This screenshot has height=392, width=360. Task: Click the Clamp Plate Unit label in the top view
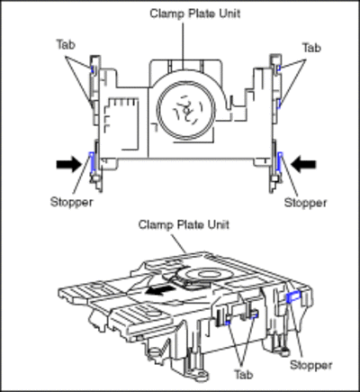point(195,14)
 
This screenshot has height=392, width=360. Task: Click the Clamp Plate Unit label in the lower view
point(184,224)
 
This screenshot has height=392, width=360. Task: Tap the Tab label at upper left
point(66,45)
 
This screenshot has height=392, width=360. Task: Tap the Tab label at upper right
point(311,48)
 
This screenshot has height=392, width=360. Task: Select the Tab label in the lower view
point(244,375)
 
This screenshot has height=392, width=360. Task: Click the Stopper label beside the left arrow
point(71,202)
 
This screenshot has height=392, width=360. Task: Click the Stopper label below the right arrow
point(305,203)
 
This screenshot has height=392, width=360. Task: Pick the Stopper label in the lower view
point(311,365)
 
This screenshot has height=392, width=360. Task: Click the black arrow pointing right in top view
point(68,164)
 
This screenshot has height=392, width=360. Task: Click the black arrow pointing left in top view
point(303,164)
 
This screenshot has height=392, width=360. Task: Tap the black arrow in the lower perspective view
point(159,290)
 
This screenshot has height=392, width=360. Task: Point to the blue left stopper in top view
point(92,162)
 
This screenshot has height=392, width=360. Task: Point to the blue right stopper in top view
point(280,161)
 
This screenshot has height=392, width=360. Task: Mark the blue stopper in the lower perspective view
point(292,296)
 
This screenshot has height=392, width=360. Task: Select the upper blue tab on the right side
point(279,68)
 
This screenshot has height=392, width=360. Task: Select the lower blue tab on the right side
point(279,104)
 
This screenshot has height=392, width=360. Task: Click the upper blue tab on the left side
point(93,69)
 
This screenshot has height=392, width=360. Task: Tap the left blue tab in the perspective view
point(228,323)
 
